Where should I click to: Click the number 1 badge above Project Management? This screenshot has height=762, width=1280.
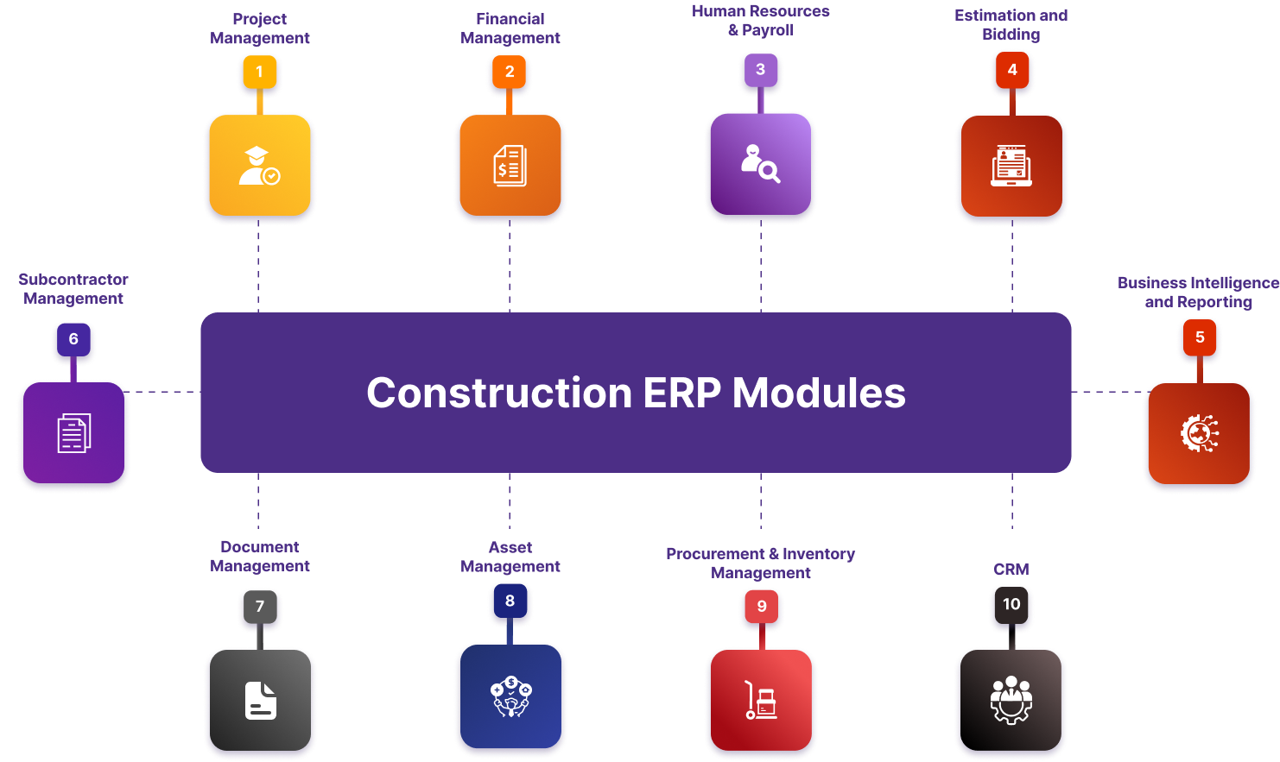259,72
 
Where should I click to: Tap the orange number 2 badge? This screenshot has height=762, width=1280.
510,72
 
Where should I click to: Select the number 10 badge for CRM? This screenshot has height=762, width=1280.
1011,604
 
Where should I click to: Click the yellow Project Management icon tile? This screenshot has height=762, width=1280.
259,166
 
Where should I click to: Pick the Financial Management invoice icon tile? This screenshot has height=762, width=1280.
510,166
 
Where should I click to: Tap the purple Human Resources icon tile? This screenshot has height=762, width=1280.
760,163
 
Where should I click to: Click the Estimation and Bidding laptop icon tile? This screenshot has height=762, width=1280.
1011,166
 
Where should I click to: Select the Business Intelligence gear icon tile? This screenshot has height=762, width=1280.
1199,433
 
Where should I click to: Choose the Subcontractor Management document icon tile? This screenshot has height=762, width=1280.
73,433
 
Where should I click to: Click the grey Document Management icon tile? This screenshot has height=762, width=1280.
260,700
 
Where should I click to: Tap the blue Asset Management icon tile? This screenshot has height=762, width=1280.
510,696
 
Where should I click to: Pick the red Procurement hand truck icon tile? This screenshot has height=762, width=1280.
761,700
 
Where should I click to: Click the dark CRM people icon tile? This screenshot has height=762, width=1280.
1011,700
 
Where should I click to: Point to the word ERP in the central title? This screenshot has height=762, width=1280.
682,394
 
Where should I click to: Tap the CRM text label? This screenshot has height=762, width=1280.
1011,570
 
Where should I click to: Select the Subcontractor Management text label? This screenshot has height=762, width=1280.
73,289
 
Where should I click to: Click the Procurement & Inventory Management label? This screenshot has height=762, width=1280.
760,564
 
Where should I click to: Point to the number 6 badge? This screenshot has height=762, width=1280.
73,339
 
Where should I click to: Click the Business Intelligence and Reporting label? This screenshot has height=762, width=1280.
1198,293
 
